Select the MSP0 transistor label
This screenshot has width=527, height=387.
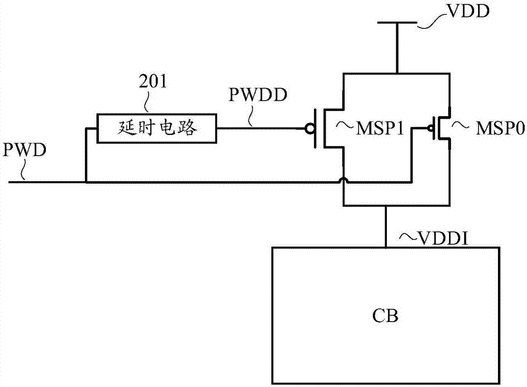(x=493, y=128)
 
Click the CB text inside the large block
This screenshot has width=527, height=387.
(x=387, y=317)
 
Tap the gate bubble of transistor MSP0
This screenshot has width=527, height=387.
(x=430, y=128)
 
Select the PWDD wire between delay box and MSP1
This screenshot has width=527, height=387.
(x=263, y=128)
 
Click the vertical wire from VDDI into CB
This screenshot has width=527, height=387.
(x=386, y=226)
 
